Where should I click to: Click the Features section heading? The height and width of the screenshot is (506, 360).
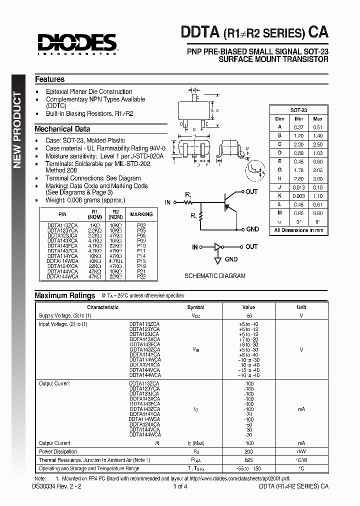tap(49, 79)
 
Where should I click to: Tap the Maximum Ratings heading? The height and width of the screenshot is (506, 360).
tap(64, 295)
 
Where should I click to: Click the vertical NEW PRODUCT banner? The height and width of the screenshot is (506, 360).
tap(16, 130)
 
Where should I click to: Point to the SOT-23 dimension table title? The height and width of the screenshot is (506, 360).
tap(298, 109)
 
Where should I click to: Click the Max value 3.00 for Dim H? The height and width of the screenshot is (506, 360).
tap(317, 178)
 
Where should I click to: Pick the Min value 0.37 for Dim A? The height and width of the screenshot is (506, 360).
tap(299, 127)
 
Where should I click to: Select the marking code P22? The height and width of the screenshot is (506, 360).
tap(141, 276)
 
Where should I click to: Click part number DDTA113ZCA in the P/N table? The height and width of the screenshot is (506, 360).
tap(62, 225)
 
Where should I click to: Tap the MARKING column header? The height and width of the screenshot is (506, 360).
tap(141, 214)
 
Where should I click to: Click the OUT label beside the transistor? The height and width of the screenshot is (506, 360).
tap(251, 191)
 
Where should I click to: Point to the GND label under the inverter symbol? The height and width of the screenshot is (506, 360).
tap(231, 259)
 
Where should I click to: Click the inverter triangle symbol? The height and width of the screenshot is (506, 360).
tap(217, 247)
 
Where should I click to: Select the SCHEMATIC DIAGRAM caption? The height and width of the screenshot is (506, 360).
tap(215, 275)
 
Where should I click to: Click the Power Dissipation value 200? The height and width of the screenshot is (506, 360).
tap(248, 451)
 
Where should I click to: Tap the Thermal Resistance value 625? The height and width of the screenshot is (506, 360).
tap(248, 460)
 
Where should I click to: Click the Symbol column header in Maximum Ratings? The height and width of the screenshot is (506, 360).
tap(195, 307)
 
